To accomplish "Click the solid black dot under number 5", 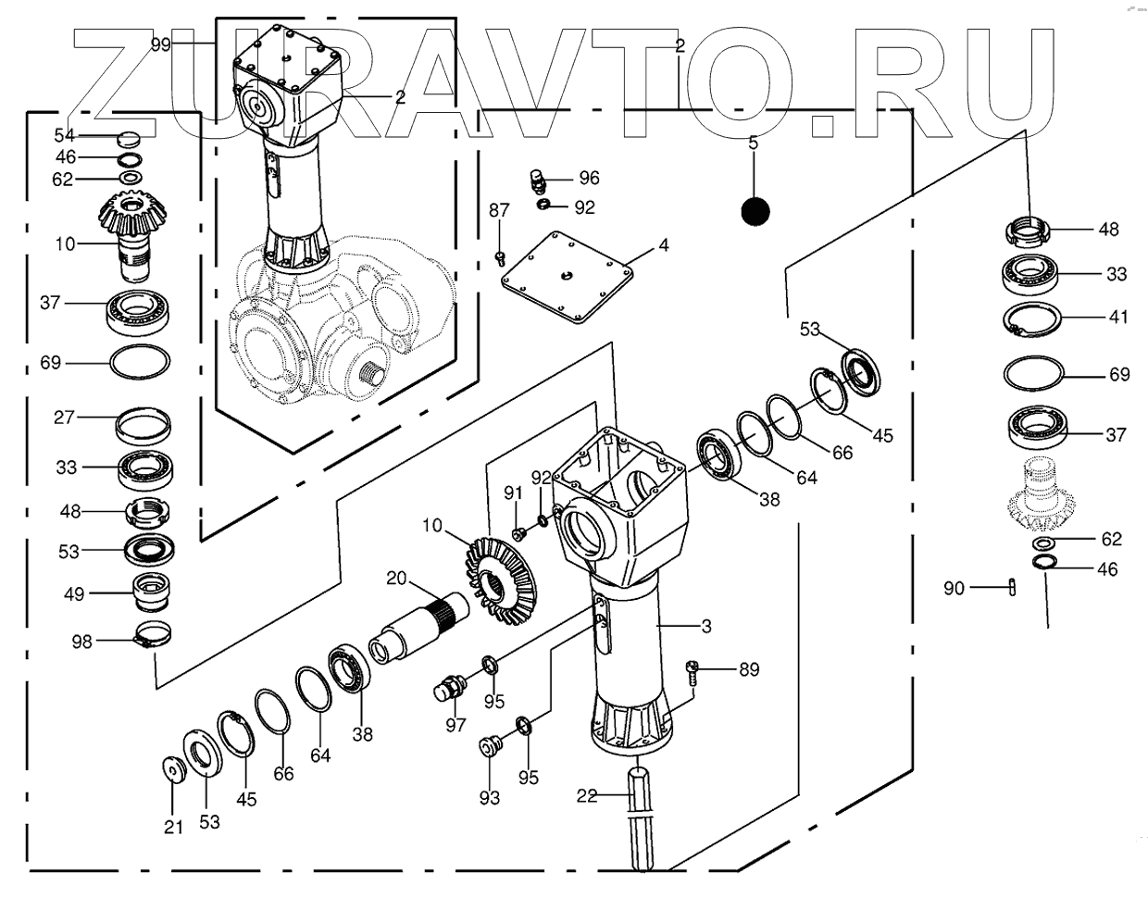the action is [x=755, y=212].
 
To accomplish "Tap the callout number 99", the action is [x=161, y=44].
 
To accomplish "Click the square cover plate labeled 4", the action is [x=567, y=276].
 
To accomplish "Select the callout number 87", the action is [x=499, y=210].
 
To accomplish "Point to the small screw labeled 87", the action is [x=500, y=258].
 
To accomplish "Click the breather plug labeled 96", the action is [x=538, y=181].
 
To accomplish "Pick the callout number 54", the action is [x=65, y=136].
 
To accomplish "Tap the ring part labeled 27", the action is [x=143, y=425].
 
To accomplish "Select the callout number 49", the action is [x=74, y=593].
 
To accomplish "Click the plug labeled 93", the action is [x=488, y=746].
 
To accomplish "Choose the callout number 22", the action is [x=587, y=795].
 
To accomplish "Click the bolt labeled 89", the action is [x=693, y=673].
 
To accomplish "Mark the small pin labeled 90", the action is [x=1012, y=587].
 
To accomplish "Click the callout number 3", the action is [x=706, y=627].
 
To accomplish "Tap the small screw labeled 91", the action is [x=518, y=534].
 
